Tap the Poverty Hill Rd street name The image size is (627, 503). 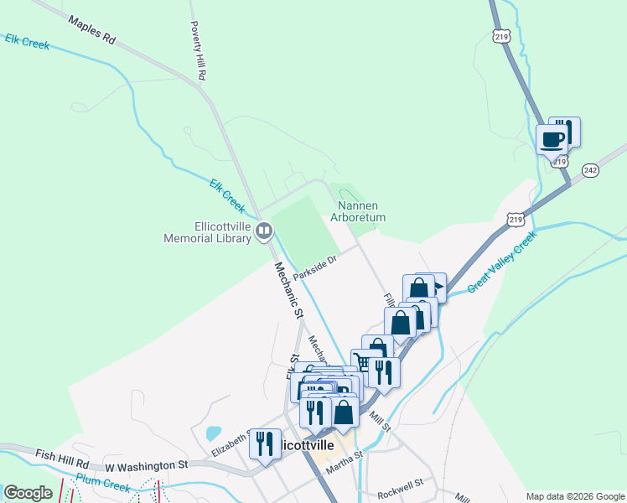click(198, 51)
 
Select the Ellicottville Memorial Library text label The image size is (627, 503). click(209, 231)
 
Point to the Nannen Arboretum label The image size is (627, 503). click(362, 211)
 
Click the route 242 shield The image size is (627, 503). click(591, 169)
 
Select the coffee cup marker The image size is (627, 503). click(552, 139)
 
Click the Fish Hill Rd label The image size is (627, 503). click(62, 457)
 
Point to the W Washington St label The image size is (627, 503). click(148, 465)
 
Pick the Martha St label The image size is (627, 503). click(344, 462)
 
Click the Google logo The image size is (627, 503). click(28, 493)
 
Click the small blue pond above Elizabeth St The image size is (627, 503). click(214, 433)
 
